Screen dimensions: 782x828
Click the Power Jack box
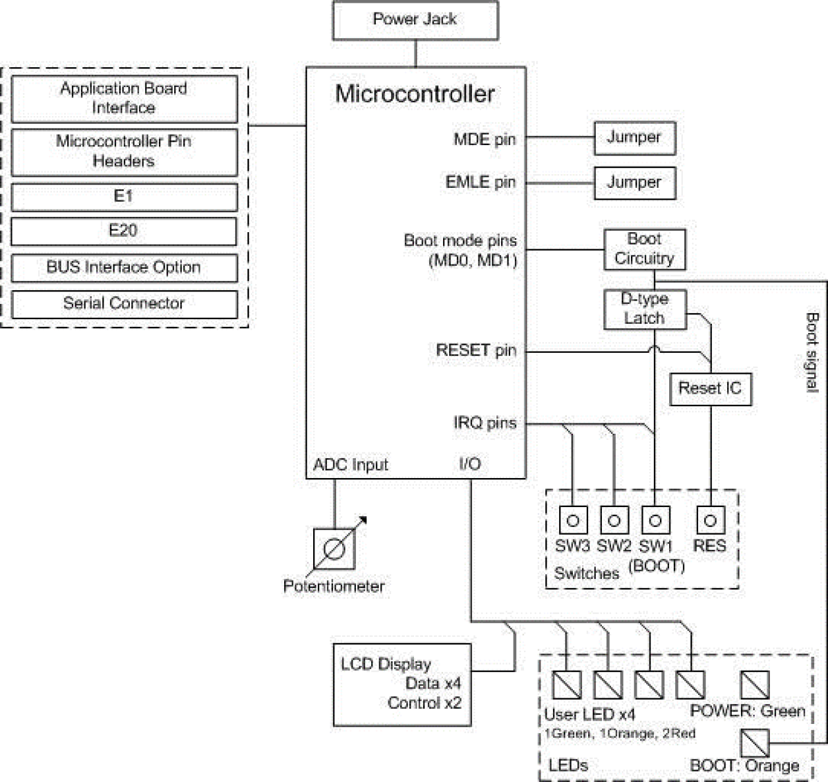tap(415, 20)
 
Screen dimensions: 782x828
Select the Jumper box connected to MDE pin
tap(634, 138)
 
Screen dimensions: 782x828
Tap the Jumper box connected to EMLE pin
tap(634, 183)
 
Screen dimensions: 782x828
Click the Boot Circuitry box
tap(644, 249)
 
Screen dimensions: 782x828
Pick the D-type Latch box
tap(645, 309)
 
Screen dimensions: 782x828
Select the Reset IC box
tap(710, 389)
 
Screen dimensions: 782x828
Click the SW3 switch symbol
tap(573, 520)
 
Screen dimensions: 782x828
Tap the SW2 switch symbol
tap(614, 520)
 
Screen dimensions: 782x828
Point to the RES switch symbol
tap(710, 520)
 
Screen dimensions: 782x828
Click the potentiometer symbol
tap(334, 549)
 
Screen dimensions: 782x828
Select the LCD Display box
tap(401, 684)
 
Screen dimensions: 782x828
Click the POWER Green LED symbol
tap(755, 685)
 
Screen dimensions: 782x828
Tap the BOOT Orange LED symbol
tap(755, 743)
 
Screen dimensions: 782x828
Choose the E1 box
tap(124, 197)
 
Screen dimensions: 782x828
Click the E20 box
tap(124, 231)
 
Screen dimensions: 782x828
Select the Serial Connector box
tap(124, 304)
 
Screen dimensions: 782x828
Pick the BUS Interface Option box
tap(124, 268)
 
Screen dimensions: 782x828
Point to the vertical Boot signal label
tap(812, 352)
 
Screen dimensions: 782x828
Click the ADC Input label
tap(351, 465)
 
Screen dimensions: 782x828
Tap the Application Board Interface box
tap(124, 99)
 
